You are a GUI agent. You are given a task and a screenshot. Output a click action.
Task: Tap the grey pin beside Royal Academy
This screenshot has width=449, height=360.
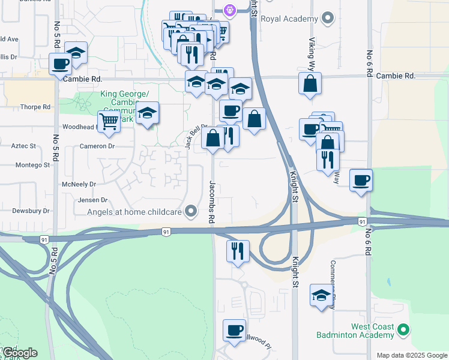[327, 19]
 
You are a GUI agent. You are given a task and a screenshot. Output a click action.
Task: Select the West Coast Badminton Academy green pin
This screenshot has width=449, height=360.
[404, 330]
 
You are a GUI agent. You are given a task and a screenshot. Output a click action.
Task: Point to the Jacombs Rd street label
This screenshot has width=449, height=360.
[212, 202]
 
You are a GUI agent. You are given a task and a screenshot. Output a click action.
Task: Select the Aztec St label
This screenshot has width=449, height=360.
[25, 146]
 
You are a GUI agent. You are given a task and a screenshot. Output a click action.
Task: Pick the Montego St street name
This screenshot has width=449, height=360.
[32, 165]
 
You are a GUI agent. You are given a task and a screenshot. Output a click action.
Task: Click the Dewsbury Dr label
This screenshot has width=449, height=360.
[31, 211]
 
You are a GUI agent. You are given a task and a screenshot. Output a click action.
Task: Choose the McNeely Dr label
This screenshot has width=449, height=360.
[79, 184]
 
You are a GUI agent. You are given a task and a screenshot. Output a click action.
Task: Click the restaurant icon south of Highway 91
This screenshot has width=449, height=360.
[238, 251]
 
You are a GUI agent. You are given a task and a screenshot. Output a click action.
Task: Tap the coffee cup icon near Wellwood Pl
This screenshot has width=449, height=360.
[234, 330]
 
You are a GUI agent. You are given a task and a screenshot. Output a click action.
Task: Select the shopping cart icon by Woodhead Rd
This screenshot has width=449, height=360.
[109, 121]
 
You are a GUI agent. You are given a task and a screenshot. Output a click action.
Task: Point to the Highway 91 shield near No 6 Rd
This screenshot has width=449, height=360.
[363, 221]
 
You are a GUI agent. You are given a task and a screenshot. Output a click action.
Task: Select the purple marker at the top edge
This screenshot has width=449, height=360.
[229, 9]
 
